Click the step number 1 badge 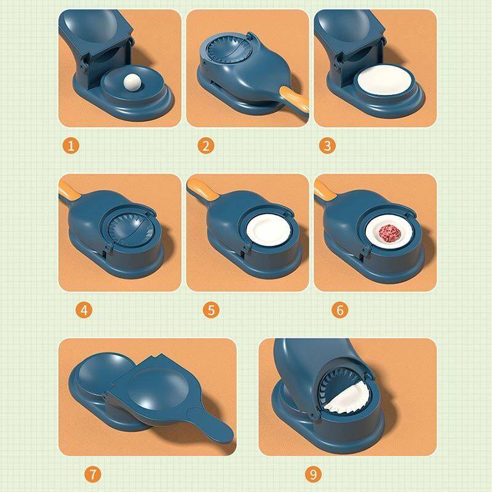point(72,146)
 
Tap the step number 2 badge point(205,146)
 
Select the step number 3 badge point(327,146)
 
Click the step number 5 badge point(212,309)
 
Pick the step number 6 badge point(339,309)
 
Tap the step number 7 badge point(92,474)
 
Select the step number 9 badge point(314,474)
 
